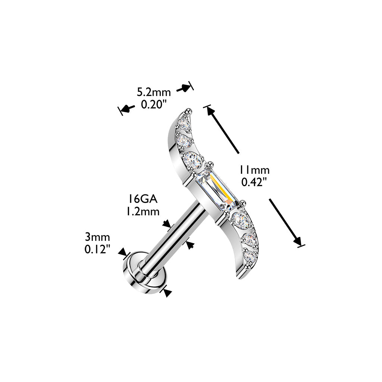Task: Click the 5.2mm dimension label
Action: click(x=154, y=92)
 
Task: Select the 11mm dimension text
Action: click(x=254, y=170)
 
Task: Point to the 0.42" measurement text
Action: click(x=254, y=182)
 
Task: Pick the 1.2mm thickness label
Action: click(x=142, y=211)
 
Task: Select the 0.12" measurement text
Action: click(x=97, y=249)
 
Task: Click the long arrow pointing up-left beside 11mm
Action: click(x=223, y=129)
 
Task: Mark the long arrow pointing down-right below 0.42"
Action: click(x=286, y=222)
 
